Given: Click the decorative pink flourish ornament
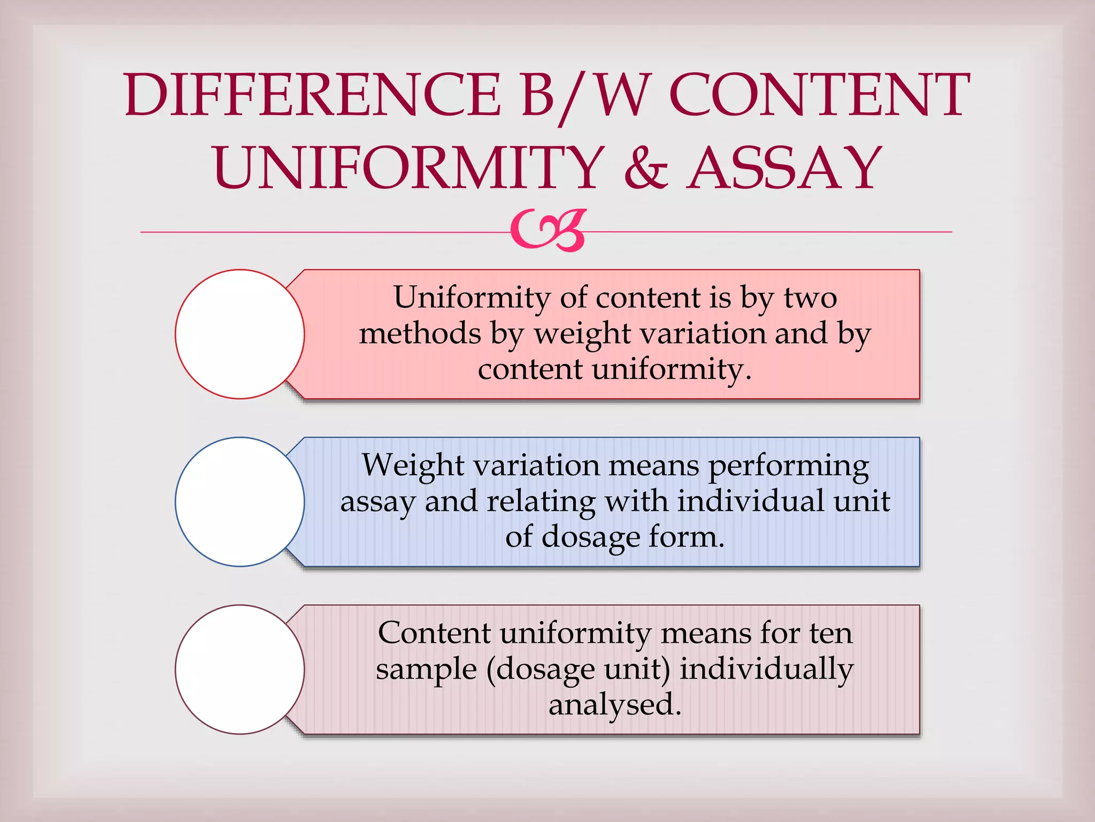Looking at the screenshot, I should (549, 231).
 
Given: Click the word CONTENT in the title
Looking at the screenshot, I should (819, 95).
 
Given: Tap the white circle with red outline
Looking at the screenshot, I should (240, 334).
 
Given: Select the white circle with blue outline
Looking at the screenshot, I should (240, 502).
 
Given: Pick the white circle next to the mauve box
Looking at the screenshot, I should (240, 669).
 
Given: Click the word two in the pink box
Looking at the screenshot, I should (810, 298).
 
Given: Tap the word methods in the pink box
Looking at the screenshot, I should (420, 333).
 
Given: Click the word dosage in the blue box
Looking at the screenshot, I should (591, 538).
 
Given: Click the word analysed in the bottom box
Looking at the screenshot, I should (615, 705).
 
